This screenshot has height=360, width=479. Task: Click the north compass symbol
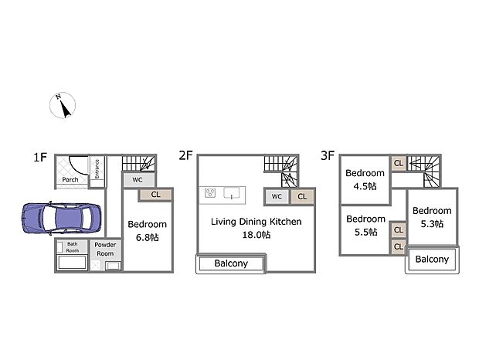(x=63, y=105)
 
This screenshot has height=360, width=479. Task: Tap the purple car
(x=61, y=219)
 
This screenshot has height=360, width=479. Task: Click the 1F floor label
(x=40, y=158)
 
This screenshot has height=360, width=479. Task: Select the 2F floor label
(x=185, y=155)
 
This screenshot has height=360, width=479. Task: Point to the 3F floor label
(x=328, y=155)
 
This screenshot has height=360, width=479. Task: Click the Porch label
(x=70, y=179)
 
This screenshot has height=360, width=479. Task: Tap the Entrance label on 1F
(x=97, y=169)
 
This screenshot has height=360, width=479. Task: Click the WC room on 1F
(x=139, y=180)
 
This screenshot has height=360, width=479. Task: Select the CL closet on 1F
(x=155, y=195)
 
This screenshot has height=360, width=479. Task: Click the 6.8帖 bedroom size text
(x=148, y=237)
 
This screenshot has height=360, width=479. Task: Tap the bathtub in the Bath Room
(x=72, y=263)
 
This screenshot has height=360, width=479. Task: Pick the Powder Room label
(x=105, y=250)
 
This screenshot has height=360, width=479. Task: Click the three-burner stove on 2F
(x=210, y=193)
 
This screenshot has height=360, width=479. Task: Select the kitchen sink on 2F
(x=232, y=193)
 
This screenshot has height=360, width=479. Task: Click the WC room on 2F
(x=277, y=197)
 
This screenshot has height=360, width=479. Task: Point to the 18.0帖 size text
(x=256, y=235)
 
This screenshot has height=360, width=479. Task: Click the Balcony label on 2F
(x=231, y=263)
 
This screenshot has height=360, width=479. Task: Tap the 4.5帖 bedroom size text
(x=365, y=186)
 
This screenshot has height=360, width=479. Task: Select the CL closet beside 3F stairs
(x=399, y=163)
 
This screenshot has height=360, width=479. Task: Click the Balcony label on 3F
(x=432, y=260)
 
